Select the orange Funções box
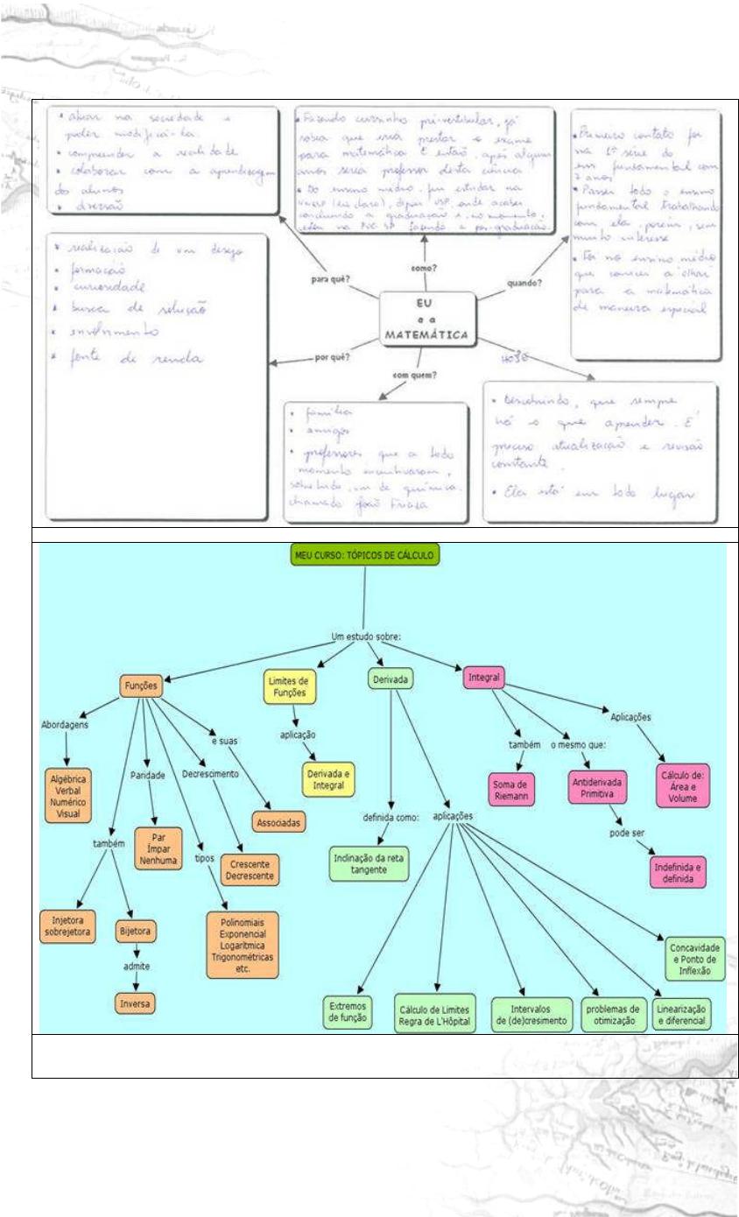coord(140,686)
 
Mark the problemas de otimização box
coord(612,1014)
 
